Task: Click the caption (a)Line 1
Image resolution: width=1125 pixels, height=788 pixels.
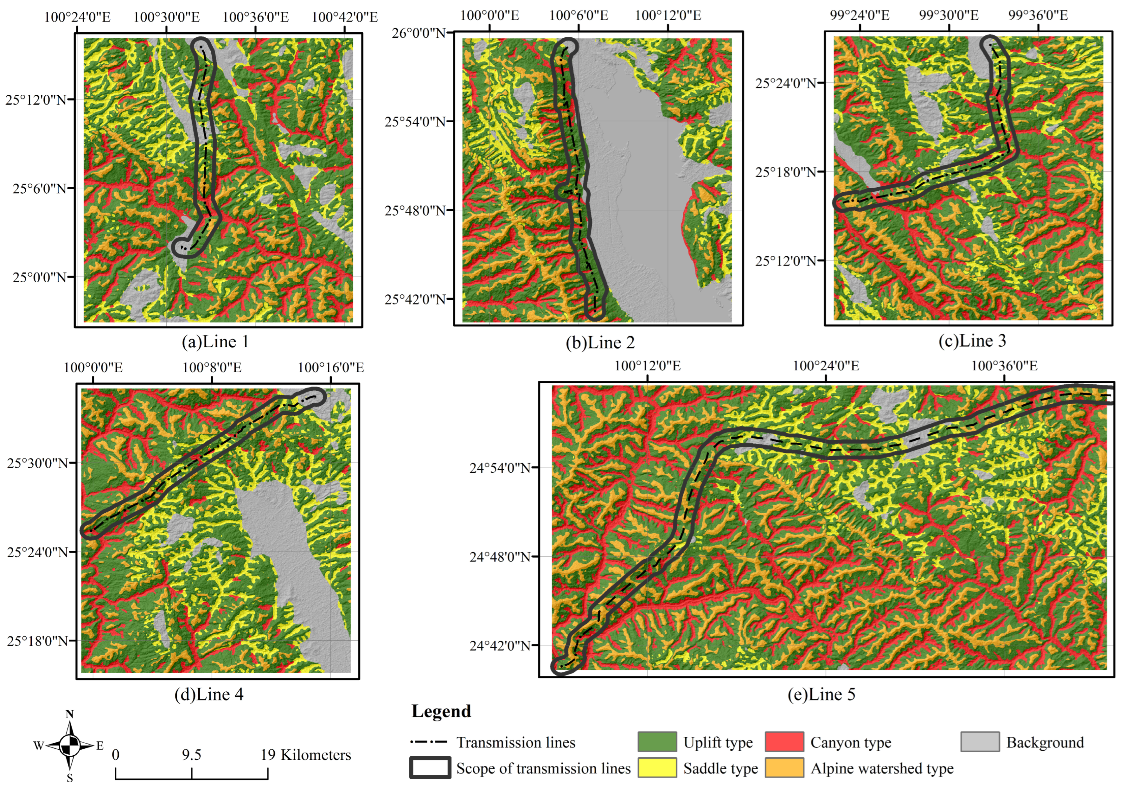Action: (215, 342)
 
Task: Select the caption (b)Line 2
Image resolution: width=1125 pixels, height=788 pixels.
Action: (600, 343)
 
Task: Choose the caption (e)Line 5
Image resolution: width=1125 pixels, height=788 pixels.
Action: (821, 694)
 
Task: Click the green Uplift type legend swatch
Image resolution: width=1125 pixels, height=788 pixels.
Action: (657, 742)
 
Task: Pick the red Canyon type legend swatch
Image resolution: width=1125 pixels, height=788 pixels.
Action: (784, 742)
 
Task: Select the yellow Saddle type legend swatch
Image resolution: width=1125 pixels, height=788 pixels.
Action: (657, 767)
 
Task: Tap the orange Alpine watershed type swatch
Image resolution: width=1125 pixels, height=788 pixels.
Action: (784, 767)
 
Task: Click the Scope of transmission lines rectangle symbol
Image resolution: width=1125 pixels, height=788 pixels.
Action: (430, 767)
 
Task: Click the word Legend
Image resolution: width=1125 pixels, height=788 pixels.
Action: (441, 711)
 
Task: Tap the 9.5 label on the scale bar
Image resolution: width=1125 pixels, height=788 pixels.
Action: (191, 755)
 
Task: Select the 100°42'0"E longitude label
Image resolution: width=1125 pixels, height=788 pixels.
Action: (345, 17)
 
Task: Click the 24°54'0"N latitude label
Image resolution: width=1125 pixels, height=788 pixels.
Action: (500, 468)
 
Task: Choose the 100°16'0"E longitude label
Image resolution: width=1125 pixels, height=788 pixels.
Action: (331, 367)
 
